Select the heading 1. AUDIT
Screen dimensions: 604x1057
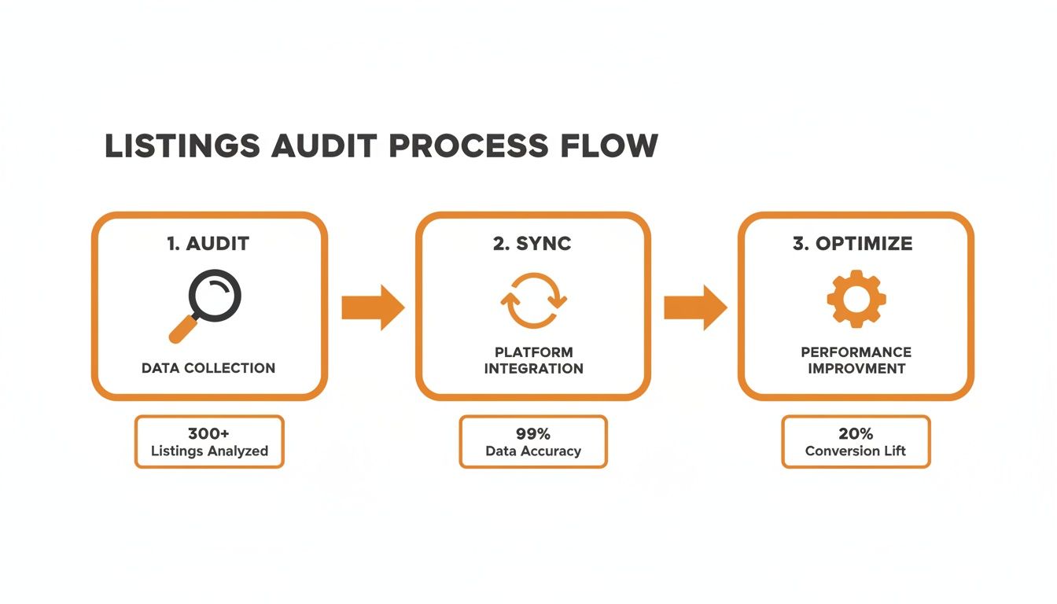209,244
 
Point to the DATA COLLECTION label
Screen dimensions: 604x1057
208,368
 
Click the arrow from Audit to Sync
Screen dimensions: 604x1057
372,308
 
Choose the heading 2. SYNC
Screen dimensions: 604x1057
533,244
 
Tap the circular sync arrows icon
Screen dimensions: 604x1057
533,300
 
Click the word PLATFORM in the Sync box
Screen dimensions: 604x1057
533,352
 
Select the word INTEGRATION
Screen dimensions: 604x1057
533,369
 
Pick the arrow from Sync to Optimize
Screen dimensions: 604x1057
694,308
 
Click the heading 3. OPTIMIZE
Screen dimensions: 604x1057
856,244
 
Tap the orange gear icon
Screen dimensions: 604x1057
856,298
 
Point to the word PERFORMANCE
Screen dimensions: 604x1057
856,352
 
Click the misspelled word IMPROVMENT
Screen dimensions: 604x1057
856,369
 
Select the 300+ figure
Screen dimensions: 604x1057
208,433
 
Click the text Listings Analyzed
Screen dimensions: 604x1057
209,451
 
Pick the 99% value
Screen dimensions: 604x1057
533,433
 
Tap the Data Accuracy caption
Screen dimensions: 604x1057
533,451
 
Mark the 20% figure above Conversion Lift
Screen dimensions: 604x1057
856,433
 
